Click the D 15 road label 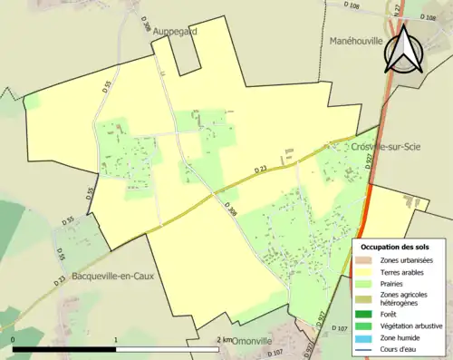[x=61, y=256]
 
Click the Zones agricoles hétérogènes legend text [x=404, y=299]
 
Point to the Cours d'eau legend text [x=400, y=349]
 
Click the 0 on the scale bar [x=13, y=340]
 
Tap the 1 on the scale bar [x=116, y=340]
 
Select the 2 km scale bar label [x=224, y=340]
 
